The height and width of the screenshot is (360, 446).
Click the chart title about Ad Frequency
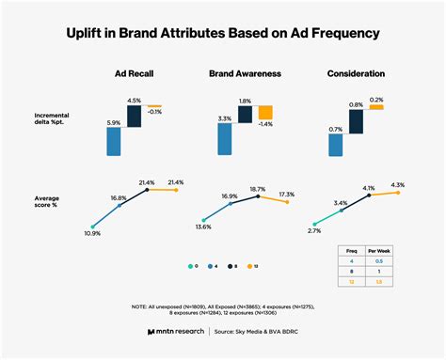(223, 34)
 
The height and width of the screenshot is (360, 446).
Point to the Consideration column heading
(357, 73)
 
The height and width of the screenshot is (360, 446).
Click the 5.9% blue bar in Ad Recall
(114, 141)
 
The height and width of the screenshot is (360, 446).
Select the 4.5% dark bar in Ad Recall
(135, 116)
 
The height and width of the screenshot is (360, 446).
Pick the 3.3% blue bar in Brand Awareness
(225, 138)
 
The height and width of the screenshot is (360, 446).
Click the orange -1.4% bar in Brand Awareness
(265, 113)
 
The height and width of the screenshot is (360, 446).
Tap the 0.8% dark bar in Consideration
(357, 121)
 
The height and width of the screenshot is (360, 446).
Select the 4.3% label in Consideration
(397, 184)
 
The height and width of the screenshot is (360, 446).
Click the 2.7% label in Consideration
(314, 230)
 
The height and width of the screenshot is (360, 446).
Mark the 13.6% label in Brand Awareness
(202, 226)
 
